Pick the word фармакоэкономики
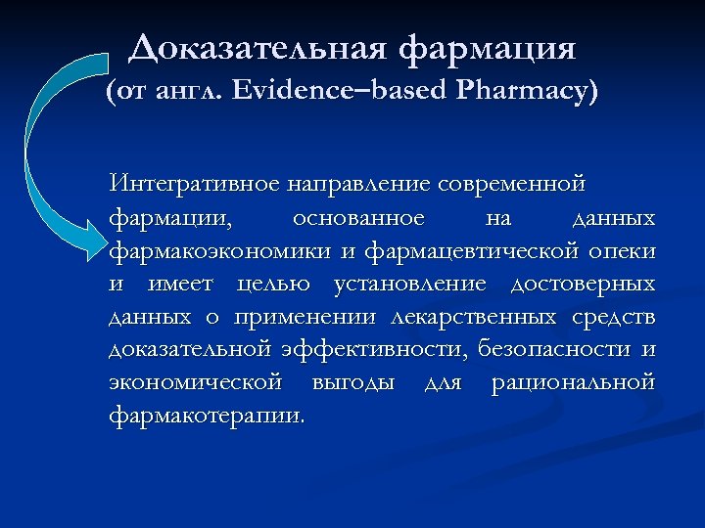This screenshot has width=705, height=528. (221, 251)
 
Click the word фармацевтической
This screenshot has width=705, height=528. (474, 251)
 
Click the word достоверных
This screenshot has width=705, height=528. (584, 285)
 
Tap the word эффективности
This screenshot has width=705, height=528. (376, 350)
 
